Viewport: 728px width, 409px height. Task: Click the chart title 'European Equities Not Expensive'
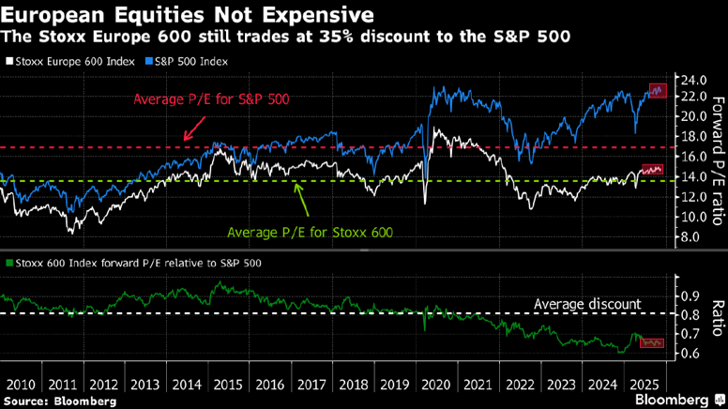point(188,16)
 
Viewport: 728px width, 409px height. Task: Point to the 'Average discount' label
point(587,304)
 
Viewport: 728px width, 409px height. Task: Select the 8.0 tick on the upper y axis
point(690,237)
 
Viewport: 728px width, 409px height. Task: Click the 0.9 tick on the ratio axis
point(690,295)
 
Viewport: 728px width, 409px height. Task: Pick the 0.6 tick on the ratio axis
point(690,354)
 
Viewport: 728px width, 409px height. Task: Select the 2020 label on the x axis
point(438,384)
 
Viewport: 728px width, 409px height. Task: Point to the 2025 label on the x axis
point(646,384)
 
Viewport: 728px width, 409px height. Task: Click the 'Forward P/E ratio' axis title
point(718,159)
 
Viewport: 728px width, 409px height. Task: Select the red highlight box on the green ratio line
point(651,343)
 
